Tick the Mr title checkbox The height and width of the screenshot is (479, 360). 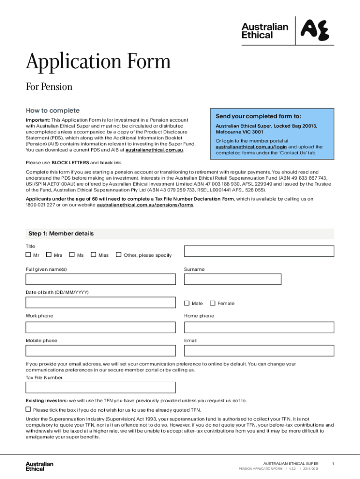tap(29, 255)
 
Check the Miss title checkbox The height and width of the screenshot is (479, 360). tap(94, 255)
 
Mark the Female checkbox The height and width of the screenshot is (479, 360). tap(213, 303)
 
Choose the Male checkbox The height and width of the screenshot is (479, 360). tap(187, 303)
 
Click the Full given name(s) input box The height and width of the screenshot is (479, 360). tap(101, 279)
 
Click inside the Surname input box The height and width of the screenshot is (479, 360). tap(232, 279)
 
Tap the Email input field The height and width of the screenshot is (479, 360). tap(259, 351)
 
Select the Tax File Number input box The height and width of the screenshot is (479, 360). tap(101, 387)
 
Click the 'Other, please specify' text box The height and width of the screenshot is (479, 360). tap(259, 251)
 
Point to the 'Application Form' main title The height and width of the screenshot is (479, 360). tap(98, 62)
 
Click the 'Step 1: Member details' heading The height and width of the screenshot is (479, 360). tap(61, 233)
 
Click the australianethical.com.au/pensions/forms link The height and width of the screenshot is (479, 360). tap(145, 205)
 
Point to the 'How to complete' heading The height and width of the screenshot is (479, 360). tap(52, 111)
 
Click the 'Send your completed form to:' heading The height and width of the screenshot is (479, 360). tap(258, 116)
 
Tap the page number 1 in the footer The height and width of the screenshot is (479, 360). tap(333, 463)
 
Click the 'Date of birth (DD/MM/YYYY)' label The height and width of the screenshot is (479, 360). tap(57, 292)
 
